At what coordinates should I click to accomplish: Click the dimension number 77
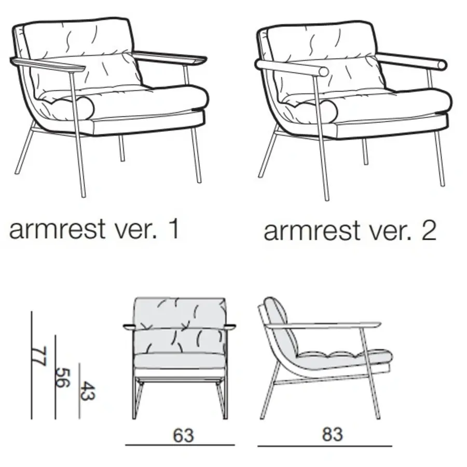(39, 355)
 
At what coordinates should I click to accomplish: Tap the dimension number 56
(63, 378)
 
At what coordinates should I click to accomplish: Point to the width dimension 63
(184, 435)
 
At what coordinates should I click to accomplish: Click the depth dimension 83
(332, 434)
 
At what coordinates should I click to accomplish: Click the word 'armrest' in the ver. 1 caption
(57, 229)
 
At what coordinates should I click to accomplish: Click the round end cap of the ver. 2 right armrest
(442, 65)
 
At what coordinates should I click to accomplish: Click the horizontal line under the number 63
(180, 445)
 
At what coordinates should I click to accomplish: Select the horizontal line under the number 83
(325, 446)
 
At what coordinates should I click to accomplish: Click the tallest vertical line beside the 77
(32, 365)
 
